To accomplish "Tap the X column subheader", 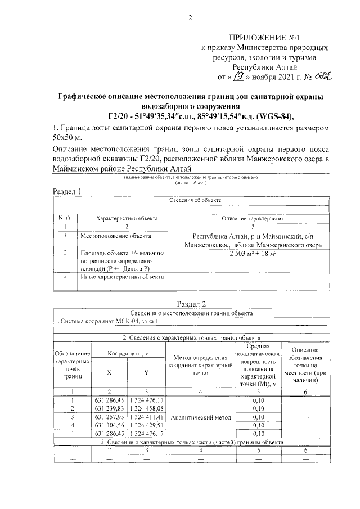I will tap(109, 372).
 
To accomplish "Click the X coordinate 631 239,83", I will tap(109, 408).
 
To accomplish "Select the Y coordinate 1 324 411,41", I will tap(146, 417).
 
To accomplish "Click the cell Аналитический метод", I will tap(200, 417).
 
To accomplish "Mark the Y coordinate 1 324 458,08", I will tap(146, 408).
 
